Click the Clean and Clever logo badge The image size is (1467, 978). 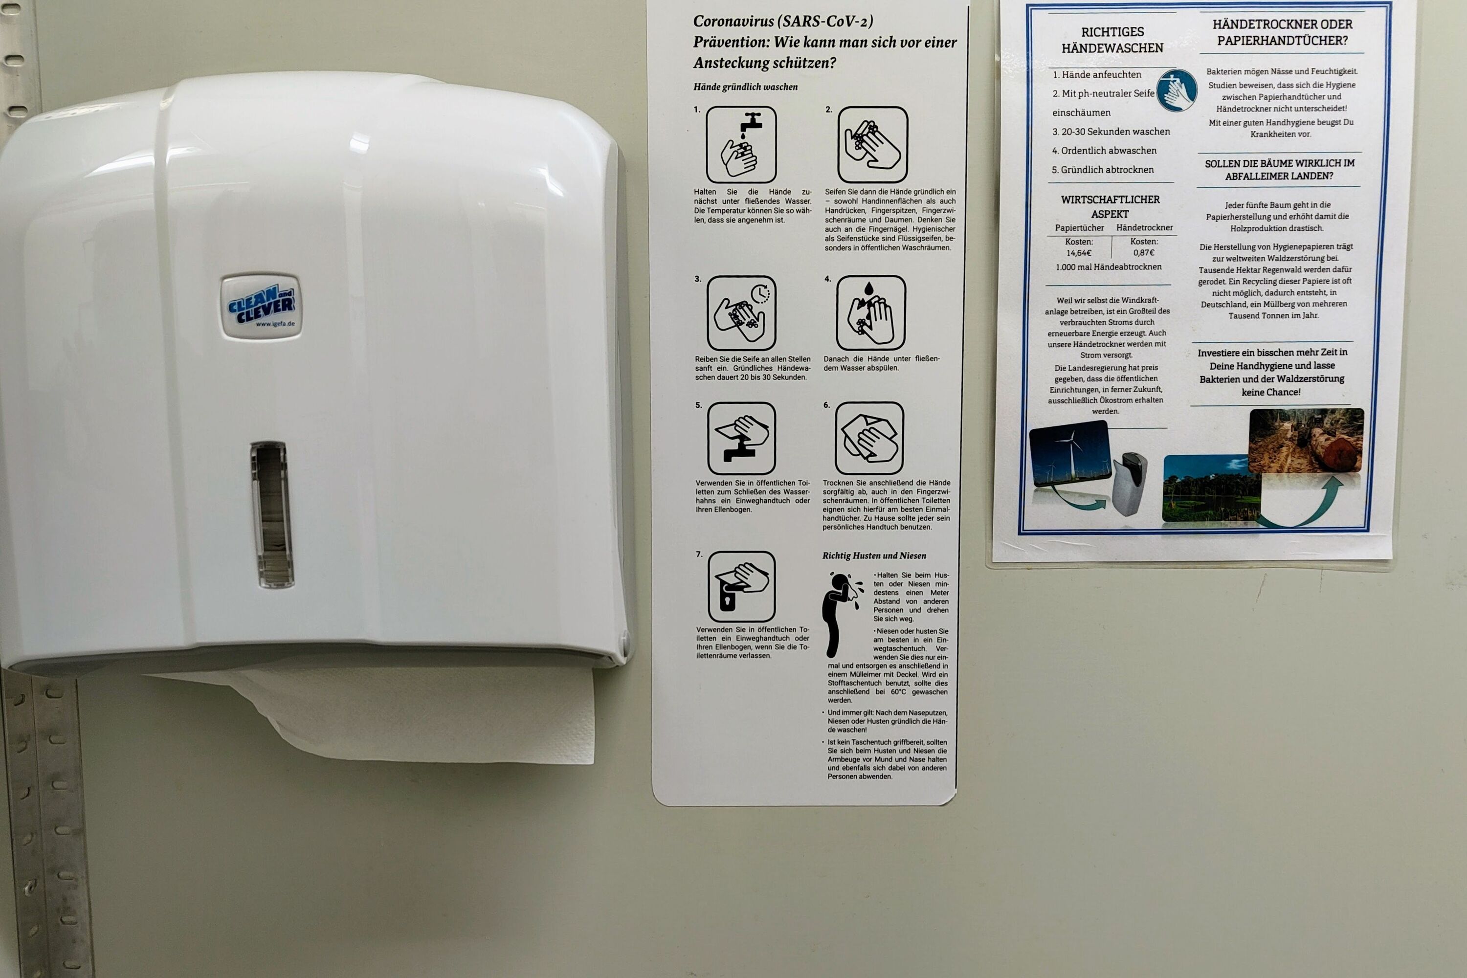click(261, 306)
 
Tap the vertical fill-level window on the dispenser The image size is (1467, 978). click(272, 514)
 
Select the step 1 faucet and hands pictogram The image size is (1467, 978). click(741, 144)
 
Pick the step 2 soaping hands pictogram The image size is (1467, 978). click(872, 144)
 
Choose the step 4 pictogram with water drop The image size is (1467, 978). click(871, 312)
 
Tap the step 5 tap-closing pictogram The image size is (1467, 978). click(742, 438)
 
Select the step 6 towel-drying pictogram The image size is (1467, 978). click(869, 438)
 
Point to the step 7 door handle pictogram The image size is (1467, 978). click(742, 586)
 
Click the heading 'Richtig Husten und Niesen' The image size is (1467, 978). click(874, 556)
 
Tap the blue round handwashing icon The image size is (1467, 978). click(1177, 90)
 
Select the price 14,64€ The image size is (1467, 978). click(1079, 253)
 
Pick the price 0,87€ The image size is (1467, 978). click(1144, 253)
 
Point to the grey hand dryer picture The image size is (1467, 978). click(1129, 484)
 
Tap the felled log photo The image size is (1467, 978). click(1306, 441)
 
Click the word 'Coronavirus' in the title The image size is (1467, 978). click(734, 21)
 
